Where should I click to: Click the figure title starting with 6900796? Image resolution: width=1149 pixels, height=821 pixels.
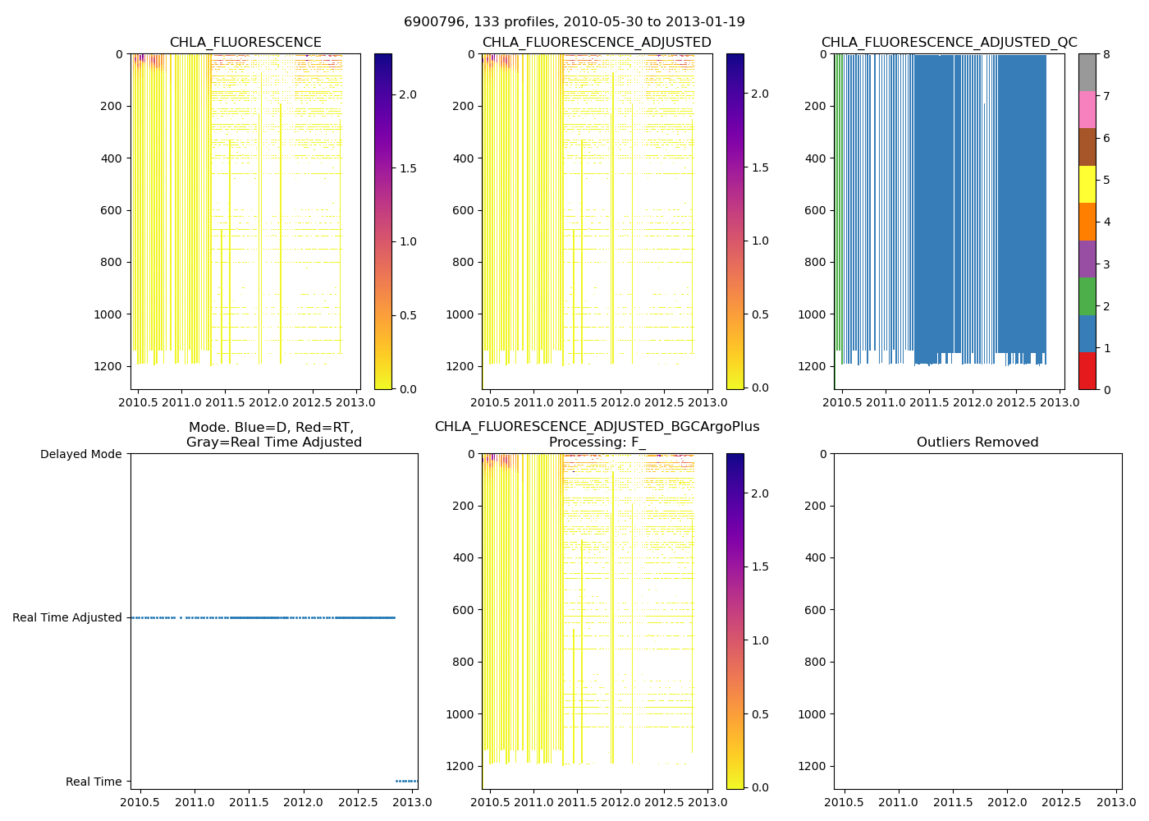click(574, 22)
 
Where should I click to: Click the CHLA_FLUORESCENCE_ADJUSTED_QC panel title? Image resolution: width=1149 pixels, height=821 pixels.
click(949, 43)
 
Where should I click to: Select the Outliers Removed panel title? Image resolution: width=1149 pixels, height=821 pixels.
click(977, 443)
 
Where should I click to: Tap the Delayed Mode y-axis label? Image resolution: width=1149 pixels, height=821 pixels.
click(80, 454)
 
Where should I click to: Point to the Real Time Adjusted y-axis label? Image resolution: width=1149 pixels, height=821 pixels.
click(67, 617)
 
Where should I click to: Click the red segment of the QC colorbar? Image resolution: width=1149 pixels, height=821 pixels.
click(1087, 371)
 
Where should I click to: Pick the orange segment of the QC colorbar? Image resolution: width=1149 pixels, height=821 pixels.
click(1087, 222)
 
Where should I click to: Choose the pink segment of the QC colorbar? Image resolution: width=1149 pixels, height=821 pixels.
click(1087, 109)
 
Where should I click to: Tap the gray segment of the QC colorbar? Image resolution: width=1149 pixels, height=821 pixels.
click(1087, 72)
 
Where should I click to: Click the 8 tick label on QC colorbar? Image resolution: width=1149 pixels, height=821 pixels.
click(1106, 54)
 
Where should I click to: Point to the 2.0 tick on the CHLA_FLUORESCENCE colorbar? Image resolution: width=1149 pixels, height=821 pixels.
click(408, 94)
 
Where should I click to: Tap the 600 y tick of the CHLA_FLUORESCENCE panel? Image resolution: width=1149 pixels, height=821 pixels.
click(112, 210)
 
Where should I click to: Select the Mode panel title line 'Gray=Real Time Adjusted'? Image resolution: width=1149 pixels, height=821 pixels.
click(273, 443)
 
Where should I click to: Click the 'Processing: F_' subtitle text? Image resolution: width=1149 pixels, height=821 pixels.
click(597, 443)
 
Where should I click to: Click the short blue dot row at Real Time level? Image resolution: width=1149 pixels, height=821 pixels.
click(406, 781)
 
